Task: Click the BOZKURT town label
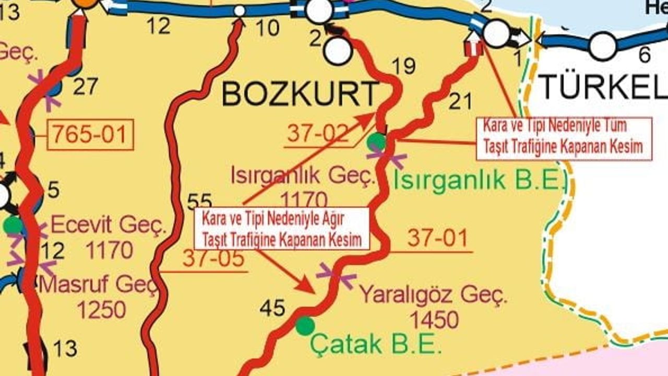(300, 94)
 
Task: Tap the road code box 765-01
(90, 135)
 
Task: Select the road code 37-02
(317, 134)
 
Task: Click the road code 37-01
(437, 239)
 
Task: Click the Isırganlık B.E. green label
(480, 180)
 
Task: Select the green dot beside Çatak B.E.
(305, 326)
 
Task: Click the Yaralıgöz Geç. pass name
(434, 296)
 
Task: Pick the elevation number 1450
(434, 319)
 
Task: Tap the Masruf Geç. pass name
(98, 285)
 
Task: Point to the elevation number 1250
(102, 310)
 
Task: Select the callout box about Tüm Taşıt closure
(564, 138)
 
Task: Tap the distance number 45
(272, 309)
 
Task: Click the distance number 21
(460, 101)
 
